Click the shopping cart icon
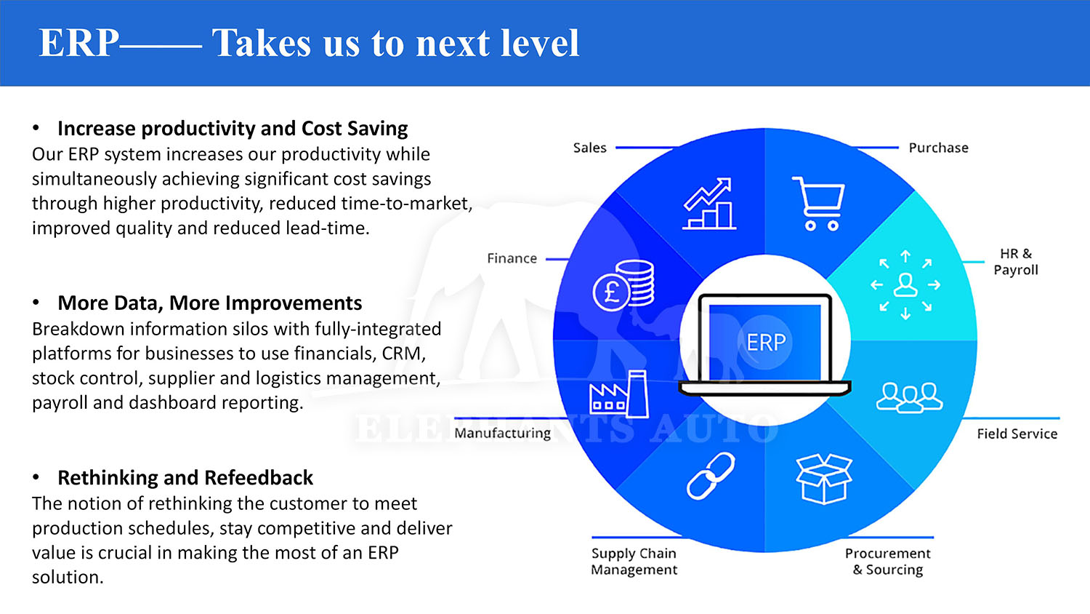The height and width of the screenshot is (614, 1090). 819,204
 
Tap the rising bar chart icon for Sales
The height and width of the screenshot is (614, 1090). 709,203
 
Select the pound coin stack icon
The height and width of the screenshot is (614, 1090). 623,286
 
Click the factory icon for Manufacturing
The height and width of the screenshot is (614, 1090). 618,394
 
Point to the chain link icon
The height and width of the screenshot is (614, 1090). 711,476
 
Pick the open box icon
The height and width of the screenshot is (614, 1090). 824,479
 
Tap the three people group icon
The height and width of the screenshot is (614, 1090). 910,398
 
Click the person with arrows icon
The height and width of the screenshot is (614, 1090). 905,285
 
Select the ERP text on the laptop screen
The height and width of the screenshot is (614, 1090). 766,343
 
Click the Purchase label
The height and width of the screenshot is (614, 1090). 938,148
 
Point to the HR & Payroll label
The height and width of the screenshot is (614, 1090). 1016,262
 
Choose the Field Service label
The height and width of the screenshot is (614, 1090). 1017,434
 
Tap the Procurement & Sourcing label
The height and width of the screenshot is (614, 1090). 887,562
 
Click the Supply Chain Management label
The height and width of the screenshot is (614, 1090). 634,562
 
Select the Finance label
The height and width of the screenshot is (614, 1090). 512,258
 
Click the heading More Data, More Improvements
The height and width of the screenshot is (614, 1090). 210,303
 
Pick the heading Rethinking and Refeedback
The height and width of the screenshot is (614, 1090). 185,477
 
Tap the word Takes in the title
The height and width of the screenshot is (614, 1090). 262,43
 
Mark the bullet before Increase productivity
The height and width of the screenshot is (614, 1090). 36,128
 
